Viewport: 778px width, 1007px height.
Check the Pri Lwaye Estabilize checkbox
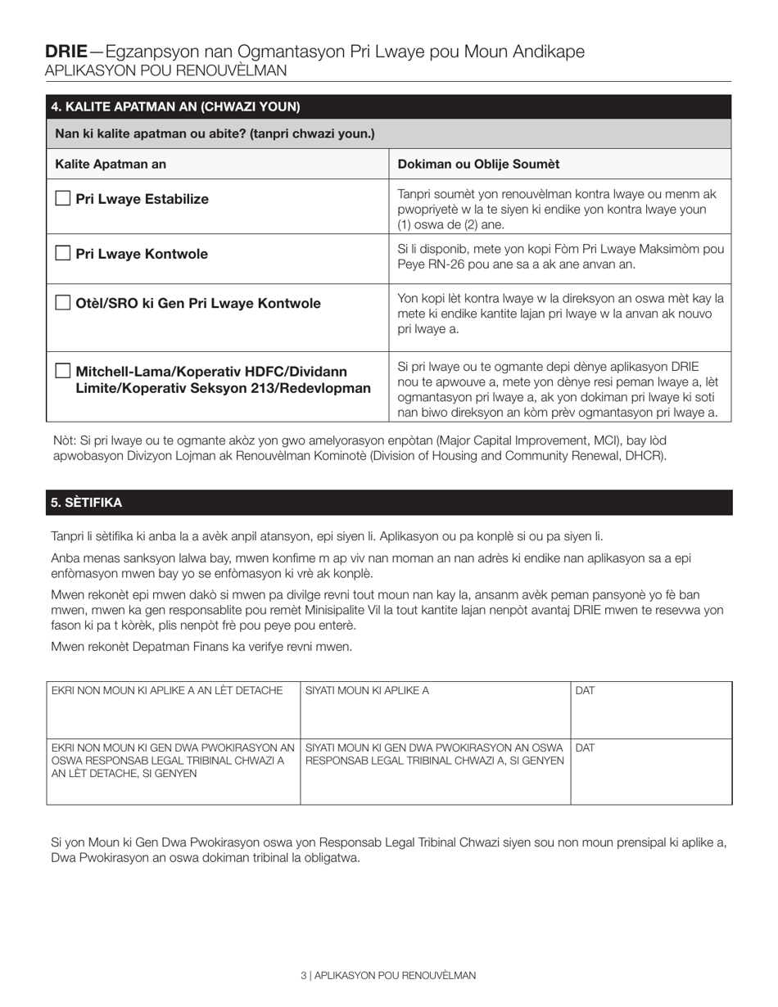62,198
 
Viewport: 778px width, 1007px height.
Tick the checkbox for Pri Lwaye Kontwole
62,253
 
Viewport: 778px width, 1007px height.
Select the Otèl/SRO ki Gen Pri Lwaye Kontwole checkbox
62,303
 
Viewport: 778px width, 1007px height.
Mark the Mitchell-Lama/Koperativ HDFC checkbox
62,371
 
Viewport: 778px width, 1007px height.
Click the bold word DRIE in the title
66,52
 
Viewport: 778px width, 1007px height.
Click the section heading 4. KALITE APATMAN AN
175,106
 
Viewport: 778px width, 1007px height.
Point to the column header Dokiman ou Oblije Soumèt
478,164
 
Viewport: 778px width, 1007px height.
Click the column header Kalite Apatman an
111,164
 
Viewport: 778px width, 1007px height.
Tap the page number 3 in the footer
304,975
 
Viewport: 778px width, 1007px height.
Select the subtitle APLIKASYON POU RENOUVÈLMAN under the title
165,70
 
